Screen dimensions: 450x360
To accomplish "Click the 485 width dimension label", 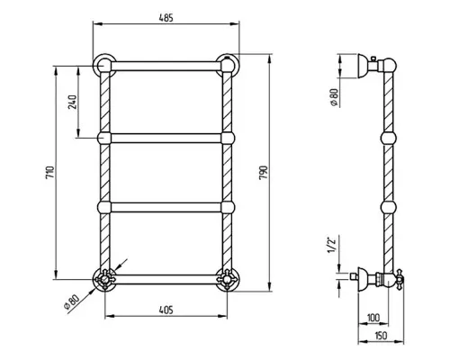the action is tap(166, 18).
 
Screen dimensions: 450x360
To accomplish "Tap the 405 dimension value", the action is tap(166, 310).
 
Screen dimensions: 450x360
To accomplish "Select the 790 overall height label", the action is tap(263, 173).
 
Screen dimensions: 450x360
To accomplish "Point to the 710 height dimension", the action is tap(50, 173).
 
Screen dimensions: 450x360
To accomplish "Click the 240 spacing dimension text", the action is tap(73, 102).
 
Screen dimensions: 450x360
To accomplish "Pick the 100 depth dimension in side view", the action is tap(373, 318).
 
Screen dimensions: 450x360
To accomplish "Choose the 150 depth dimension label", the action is tap(381, 336).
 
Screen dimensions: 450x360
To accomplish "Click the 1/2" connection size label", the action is tap(331, 245).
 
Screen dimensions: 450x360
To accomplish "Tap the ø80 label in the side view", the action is tap(334, 97).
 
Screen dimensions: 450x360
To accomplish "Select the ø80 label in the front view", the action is tap(72, 302).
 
